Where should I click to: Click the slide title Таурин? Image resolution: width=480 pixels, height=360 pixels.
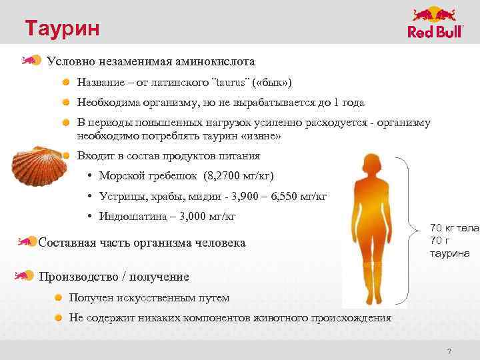(63, 28)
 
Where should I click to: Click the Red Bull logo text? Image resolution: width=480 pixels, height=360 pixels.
(434, 33)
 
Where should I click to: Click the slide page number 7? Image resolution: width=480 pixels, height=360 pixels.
(449, 351)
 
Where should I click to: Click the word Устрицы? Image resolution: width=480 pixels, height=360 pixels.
(120, 196)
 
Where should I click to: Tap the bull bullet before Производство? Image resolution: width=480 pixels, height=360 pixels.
(26, 275)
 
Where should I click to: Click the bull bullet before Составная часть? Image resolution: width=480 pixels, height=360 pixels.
(26, 241)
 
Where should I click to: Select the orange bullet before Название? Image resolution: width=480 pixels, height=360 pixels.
(67, 82)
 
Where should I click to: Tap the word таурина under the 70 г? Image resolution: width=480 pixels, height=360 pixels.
(450, 253)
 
